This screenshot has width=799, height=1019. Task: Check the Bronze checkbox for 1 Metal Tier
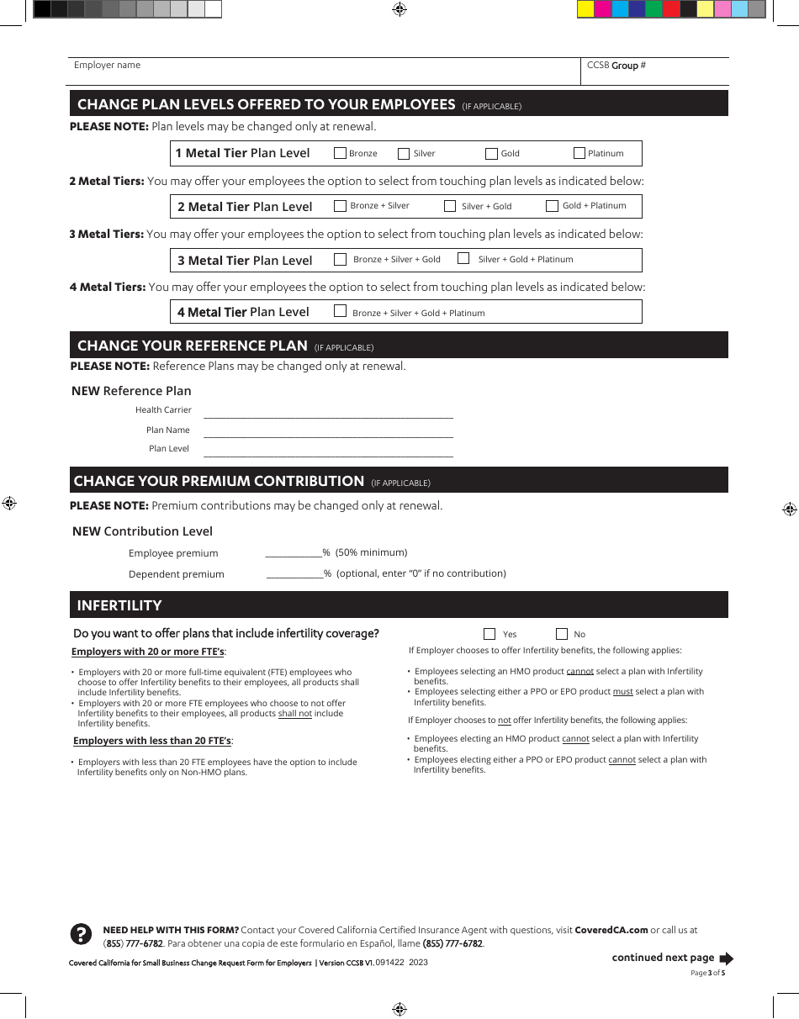click(340, 153)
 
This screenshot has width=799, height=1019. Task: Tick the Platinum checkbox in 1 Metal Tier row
click(579, 153)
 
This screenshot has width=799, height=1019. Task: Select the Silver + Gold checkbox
click(450, 206)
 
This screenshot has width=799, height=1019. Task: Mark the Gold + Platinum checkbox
click(552, 206)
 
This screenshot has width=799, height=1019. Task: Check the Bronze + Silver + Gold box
click(340, 259)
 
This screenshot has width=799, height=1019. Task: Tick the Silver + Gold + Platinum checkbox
click(463, 259)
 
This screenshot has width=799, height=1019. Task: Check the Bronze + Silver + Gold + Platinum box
click(340, 311)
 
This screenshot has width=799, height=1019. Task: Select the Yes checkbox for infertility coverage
click(489, 634)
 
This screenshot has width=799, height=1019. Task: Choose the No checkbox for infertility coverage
click(562, 634)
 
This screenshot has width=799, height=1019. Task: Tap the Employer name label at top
click(107, 65)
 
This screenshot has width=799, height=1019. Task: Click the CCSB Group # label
click(616, 65)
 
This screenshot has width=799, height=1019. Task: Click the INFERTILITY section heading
click(119, 605)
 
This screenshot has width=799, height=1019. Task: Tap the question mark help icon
click(80, 934)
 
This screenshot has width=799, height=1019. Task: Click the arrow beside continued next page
click(727, 958)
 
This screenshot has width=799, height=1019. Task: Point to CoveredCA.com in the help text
click(611, 930)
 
